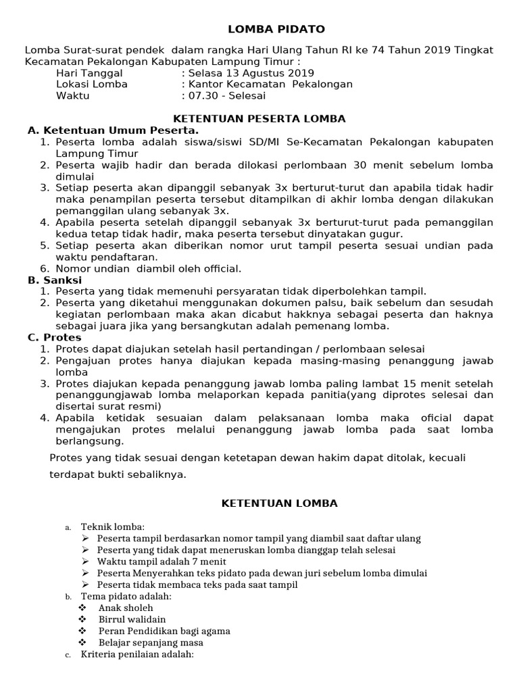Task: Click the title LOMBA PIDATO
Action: pos(275,29)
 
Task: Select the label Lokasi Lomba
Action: pos(92,84)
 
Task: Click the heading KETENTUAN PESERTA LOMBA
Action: pos(259,118)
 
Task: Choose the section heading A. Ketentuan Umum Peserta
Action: pos(113,130)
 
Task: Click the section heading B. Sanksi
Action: pos(55,280)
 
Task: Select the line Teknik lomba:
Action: pos(112,526)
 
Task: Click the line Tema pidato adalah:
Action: pos(126,596)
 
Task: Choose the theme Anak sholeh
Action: pos(126,608)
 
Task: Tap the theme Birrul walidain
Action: pos(132,619)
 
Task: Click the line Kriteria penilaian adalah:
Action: pos(137,654)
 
